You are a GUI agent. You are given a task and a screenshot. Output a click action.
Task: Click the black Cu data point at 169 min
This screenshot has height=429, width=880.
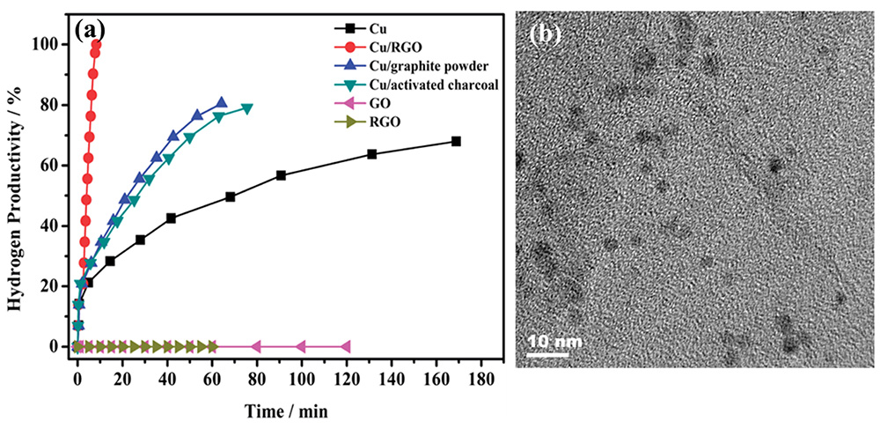point(456,141)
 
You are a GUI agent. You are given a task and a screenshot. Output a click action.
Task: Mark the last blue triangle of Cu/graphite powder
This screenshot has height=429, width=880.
point(221,102)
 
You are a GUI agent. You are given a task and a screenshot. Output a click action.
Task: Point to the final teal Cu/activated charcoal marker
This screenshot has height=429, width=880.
point(247,108)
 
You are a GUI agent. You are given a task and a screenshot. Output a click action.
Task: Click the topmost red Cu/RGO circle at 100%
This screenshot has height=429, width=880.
point(96,44)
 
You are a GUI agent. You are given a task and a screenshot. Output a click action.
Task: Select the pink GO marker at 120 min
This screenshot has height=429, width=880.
point(346,346)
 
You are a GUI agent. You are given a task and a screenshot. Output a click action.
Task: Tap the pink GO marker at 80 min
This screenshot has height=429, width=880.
point(256,346)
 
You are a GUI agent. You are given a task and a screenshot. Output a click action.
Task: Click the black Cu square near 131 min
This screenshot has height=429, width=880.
point(371,153)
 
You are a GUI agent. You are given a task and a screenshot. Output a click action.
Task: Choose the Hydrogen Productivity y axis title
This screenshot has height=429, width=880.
point(15,196)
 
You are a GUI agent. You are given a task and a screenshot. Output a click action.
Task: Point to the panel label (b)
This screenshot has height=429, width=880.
point(546,34)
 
